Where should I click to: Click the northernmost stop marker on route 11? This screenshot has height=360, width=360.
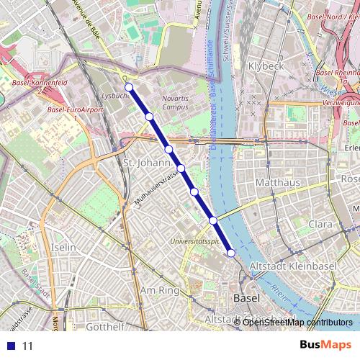[130, 88]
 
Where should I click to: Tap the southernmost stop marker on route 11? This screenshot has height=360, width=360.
[231, 253]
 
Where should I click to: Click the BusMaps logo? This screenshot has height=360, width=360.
[325, 346]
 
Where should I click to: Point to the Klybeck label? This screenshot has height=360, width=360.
[266, 66]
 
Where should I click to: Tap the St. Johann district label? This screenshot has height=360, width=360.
[140, 163]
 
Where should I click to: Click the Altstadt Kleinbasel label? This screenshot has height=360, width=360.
[292, 266]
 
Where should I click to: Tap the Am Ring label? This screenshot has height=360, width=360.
[159, 290]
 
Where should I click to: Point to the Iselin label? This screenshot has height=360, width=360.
[64, 247]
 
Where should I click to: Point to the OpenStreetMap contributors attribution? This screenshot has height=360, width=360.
[297, 323]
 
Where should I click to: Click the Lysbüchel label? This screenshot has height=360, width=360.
[115, 95]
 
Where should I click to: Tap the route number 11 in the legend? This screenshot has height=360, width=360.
[28, 346]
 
